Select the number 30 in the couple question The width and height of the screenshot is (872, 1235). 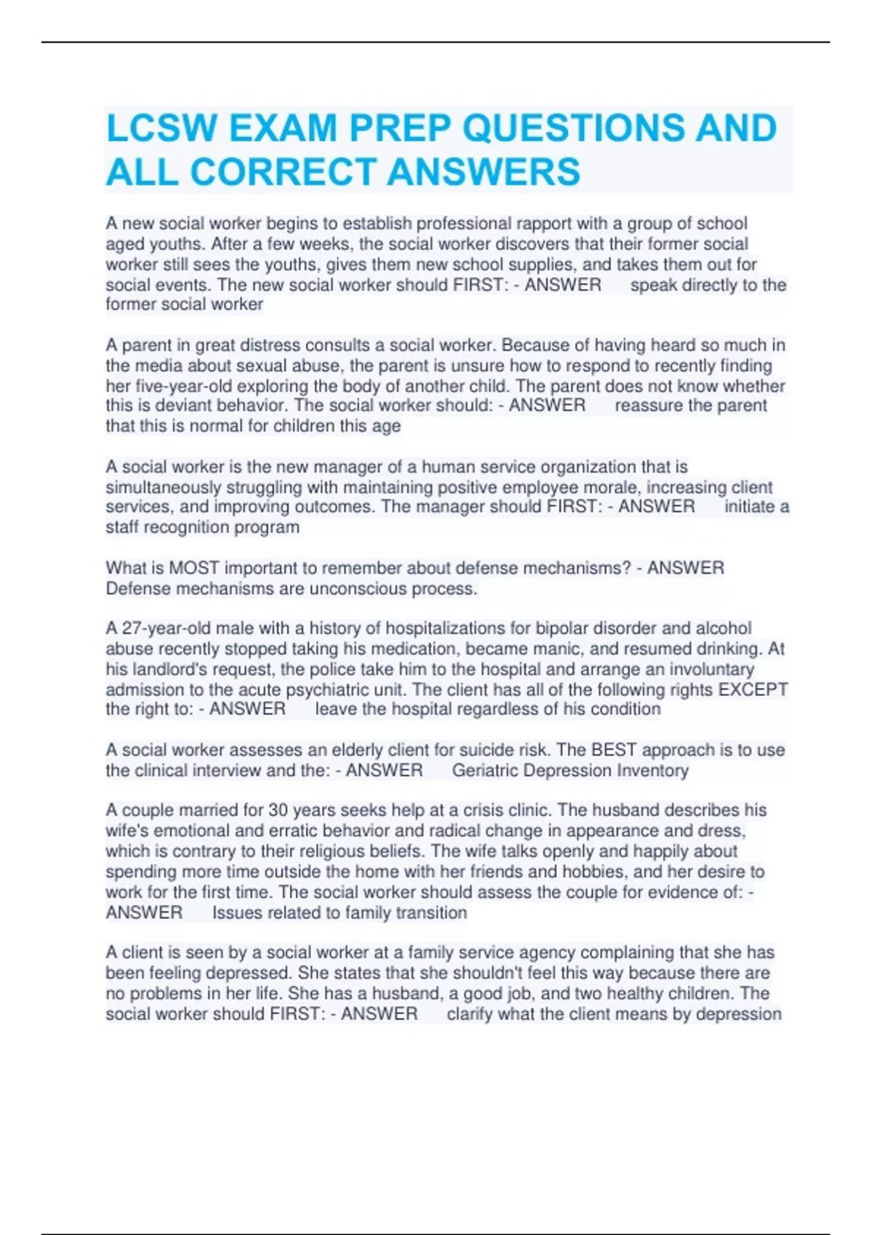click(x=278, y=810)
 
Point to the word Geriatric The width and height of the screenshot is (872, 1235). click(x=485, y=770)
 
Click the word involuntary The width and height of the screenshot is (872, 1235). click(x=711, y=669)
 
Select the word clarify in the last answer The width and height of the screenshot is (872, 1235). click(x=470, y=1014)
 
